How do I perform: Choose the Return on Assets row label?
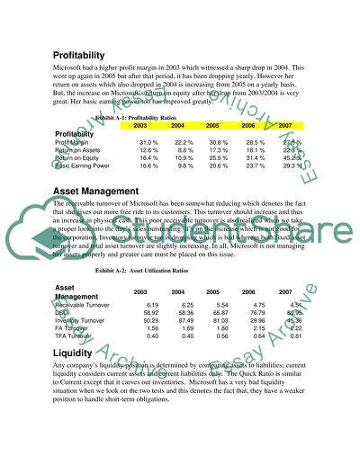(77, 150)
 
